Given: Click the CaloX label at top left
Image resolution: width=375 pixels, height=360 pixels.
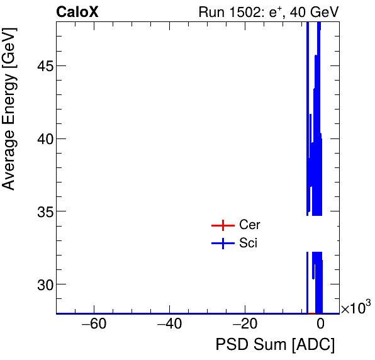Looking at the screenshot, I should [x=77, y=12].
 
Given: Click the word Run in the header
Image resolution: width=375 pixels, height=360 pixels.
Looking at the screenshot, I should [x=211, y=12].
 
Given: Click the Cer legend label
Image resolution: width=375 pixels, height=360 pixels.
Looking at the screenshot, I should [x=250, y=225].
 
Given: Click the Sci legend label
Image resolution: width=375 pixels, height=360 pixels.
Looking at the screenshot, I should [x=249, y=244].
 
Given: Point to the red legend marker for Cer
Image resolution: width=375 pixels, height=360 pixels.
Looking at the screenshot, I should [x=223, y=225].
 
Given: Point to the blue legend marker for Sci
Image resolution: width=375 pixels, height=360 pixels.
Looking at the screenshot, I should [x=223, y=244].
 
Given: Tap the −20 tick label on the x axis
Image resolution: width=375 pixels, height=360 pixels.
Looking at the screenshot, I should [x=245, y=325].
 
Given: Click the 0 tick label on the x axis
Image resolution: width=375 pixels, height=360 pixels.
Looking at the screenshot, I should [x=320, y=325].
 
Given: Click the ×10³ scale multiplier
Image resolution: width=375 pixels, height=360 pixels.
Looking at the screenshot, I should [x=355, y=308].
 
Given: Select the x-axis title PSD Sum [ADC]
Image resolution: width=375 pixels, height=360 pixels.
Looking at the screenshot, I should [x=275, y=346].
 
